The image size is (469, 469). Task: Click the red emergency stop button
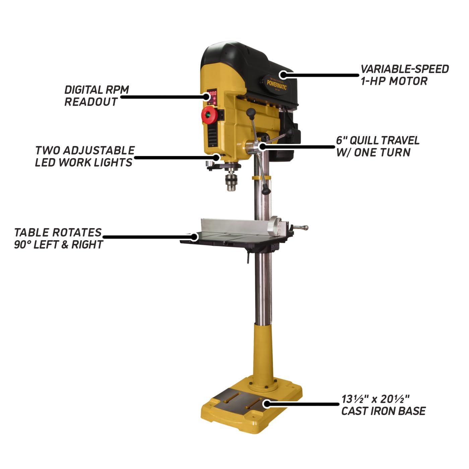click(208, 115)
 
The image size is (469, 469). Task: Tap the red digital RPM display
click(212, 93)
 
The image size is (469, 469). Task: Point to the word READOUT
click(91, 102)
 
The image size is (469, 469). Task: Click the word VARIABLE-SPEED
click(404, 69)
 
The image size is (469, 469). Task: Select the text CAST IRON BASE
click(383, 411)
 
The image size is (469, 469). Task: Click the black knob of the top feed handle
click(251, 113)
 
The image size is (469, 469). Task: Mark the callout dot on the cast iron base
click(266, 404)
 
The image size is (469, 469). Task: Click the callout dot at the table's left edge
click(194, 237)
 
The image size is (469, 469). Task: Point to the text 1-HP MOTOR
click(394, 81)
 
